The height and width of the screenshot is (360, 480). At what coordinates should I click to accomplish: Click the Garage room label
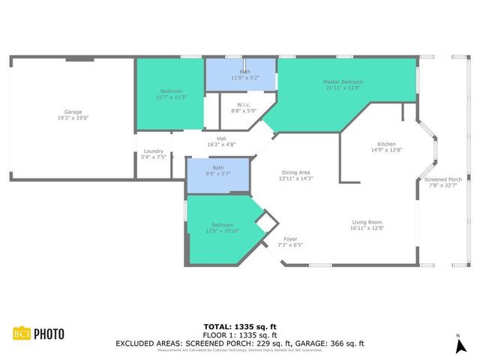(x=73, y=112)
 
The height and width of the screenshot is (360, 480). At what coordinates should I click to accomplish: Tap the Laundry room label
(x=153, y=152)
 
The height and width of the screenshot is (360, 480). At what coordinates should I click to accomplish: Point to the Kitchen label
(x=386, y=144)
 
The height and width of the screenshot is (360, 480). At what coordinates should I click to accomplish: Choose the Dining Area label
(x=296, y=172)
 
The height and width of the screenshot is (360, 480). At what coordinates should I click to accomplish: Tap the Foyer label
(x=290, y=239)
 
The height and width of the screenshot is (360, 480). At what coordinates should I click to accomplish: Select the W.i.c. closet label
(x=243, y=104)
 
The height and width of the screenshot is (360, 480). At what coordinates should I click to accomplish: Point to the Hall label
(x=221, y=138)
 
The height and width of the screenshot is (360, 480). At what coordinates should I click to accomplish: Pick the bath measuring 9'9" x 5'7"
(x=218, y=167)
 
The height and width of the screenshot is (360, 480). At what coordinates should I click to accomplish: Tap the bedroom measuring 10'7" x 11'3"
(x=170, y=91)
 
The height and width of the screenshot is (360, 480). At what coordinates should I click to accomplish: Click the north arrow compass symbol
(x=458, y=344)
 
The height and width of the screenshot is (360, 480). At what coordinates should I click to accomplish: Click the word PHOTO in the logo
(x=47, y=334)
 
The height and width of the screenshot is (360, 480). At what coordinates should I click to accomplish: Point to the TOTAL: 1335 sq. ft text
(x=239, y=327)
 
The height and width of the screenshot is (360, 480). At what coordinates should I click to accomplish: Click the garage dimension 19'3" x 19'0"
(x=73, y=118)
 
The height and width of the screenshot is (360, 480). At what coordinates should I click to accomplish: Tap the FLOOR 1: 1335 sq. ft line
(x=239, y=335)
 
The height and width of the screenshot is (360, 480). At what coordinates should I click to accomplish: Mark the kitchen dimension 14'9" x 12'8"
(x=386, y=150)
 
